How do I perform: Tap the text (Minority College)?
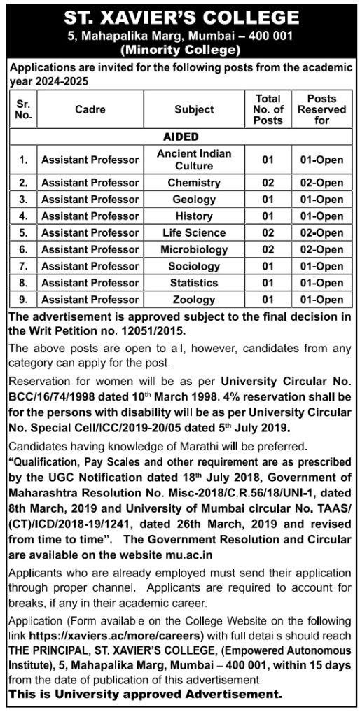pos(180,49)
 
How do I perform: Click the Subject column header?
pos(194,110)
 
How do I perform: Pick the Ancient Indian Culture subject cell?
pos(194,160)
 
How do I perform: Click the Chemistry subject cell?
pos(194,183)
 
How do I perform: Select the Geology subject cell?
pos(194,200)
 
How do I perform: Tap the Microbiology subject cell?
pos(194,249)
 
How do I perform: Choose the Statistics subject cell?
pos(194,283)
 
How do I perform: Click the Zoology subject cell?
pos(194,300)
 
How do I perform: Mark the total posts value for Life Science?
pos(267,232)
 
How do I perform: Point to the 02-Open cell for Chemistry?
pos(321,183)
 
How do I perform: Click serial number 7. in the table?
pos(23,266)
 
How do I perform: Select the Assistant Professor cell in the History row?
pos(90,216)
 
